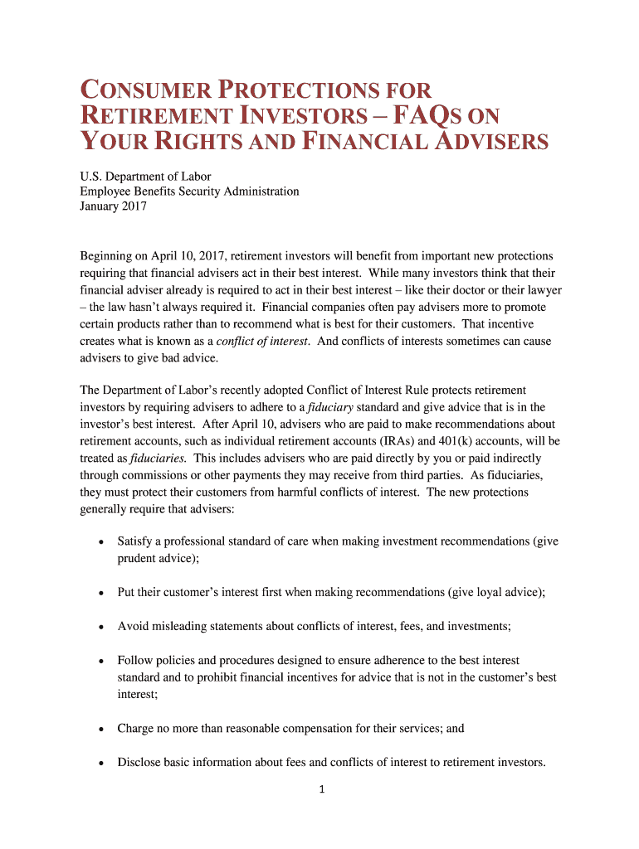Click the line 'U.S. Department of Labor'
(145, 176)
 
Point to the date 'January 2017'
(113, 206)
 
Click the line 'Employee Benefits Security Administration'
(189, 192)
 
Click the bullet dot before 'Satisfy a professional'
(100, 542)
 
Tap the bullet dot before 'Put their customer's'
(100, 593)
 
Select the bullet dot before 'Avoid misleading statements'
(100, 627)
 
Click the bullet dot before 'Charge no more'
(100, 729)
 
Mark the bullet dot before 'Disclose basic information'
(100, 763)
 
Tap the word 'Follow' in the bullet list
(136, 661)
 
